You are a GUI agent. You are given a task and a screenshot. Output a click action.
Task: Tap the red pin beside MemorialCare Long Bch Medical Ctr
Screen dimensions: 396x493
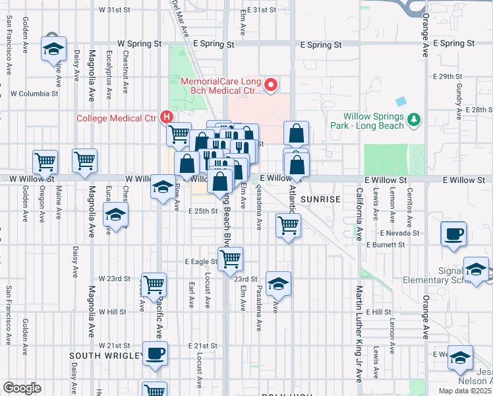pyautogui.click(x=269, y=84)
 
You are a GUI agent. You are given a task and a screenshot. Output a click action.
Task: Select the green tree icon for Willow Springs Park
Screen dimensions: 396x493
pyautogui.click(x=413, y=119)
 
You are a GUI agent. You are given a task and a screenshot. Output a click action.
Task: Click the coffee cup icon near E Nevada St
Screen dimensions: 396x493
pyautogui.click(x=455, y=234)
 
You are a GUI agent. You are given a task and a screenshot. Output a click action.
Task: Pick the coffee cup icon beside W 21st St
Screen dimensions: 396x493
pyautogui.click(x=155, y=353)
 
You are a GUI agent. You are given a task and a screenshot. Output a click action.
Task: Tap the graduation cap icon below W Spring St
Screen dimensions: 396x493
pyautogui.click(x=54, y=48)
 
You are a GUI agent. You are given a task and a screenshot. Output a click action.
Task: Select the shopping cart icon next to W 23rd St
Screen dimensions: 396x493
pyautogui.click(x=154, y=285)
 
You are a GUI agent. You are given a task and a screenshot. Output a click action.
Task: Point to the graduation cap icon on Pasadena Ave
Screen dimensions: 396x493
pyautogui.click(x=279, y=283)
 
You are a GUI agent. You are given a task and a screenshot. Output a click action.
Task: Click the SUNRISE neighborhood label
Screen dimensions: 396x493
pyautogui.click(x=320, y=199)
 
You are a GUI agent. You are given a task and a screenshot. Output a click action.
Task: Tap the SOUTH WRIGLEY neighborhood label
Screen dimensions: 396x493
pyautogui.click(x=106, y=356)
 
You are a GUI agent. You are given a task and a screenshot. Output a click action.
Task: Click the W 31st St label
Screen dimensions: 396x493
pyautogui.click(x=115, y=11)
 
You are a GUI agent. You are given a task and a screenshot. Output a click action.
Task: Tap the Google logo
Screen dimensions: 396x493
pyautogui.click(x=22, y=388)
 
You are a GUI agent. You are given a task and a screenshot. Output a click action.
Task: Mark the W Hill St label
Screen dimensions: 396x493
pyautogui.click(x=112, y=312)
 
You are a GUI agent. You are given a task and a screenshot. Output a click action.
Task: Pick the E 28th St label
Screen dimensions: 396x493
pyautogui.click(x=478, y=110)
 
